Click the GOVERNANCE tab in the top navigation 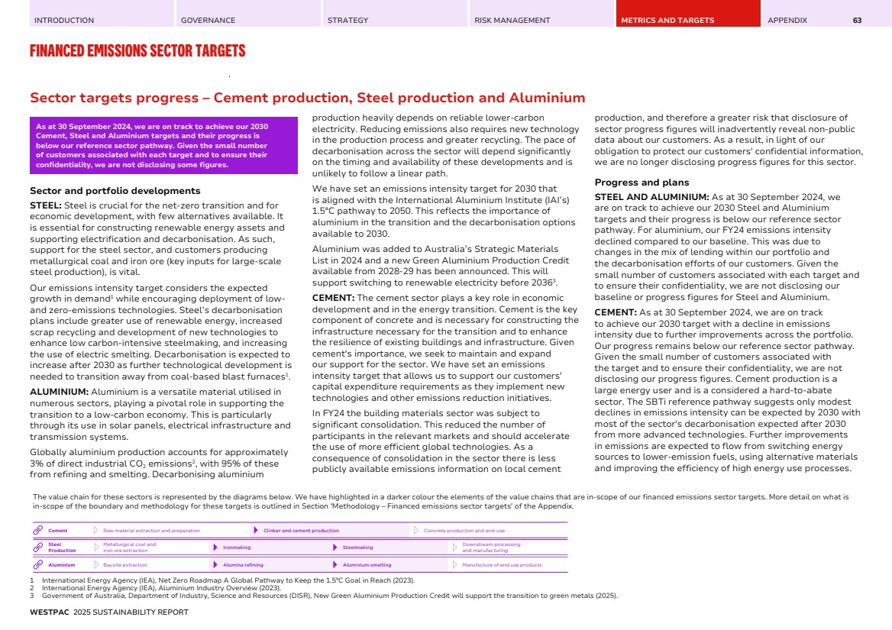208,21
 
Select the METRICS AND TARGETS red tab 667,21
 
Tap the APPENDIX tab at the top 787,21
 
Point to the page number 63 857,21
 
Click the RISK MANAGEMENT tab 512,21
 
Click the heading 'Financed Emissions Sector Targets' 137,51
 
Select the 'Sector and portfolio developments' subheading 115,191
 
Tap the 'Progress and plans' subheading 642,183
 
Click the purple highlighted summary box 163,145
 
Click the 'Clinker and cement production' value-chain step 301,531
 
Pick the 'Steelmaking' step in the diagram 357,548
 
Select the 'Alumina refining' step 243,565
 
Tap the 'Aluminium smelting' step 367,565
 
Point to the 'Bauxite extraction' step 125,565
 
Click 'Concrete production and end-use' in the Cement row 464,531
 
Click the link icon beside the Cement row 37,531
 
